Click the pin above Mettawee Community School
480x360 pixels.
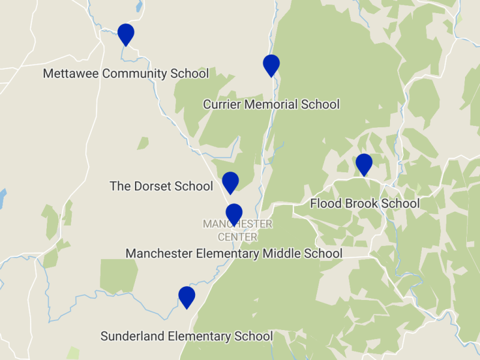click(x=125, y=34)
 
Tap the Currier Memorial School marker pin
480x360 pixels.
click(x=271, y=64)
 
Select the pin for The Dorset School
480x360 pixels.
click(x=230, y=182)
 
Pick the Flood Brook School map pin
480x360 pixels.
click(x=364, y=164)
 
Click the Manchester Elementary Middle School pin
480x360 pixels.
click(x=234, y=214)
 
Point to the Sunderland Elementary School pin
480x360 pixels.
click(x=187, y=296)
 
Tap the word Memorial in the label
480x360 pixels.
click(x=268, y=104)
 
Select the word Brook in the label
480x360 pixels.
click(x=360, y=204)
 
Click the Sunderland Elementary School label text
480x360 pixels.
click(x=187, y=337)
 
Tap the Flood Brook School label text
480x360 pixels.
click(x=365, y=204)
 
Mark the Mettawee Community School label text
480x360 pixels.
click(x=126, y=74)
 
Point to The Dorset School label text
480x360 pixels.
click(x=161, y=186)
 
